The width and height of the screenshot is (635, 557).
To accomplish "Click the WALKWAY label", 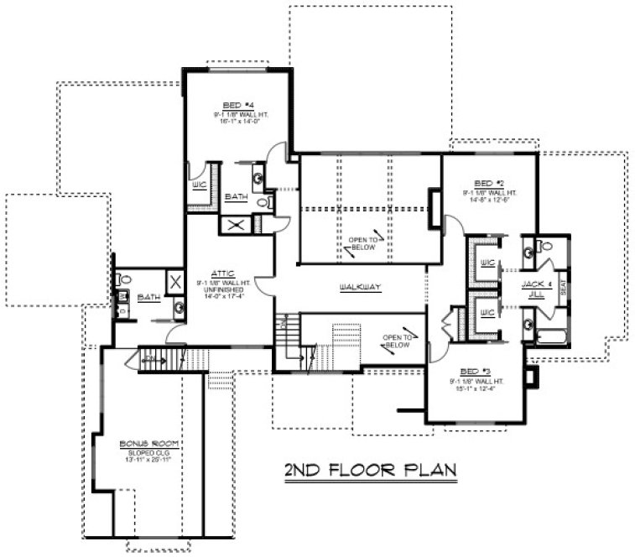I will [x=361, y=288].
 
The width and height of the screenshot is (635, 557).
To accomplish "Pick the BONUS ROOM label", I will [x=138, y=442].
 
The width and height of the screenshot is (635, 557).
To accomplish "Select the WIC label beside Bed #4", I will [x=200, y=184].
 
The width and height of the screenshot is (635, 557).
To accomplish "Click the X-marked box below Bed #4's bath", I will [x=232, y=224].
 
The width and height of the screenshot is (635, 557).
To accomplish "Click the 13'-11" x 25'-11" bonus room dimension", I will [x=138, y=457].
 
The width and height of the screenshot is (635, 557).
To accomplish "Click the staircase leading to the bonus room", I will [x=161, y=358].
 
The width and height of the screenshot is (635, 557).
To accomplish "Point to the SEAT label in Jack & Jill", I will [x=561, y=289].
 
